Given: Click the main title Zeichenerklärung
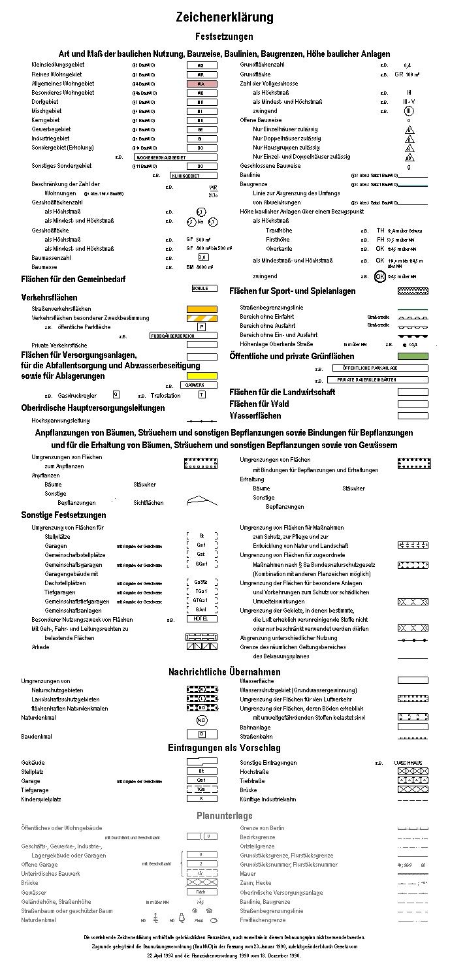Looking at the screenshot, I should (x=224, y=17).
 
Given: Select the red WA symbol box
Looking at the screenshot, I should (x=201, y=84).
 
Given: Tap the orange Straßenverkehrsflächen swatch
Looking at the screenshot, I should (x=202, y=309).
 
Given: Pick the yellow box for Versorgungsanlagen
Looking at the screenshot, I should (x=202, y=376).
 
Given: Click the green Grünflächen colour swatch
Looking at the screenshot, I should (x=413, y=357).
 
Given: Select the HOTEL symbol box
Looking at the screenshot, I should (x=201, y=619).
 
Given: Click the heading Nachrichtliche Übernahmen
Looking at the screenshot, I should (x=224, y=672).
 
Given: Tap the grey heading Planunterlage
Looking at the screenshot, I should (x=224, y=816).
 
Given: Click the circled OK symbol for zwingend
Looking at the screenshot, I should (x=380, y=276).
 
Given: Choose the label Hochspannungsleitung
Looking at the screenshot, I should (x=61, y=421).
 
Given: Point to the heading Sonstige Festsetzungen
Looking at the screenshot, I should (x=63, y=515).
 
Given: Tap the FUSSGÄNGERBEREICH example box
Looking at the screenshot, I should (x=172, y=336).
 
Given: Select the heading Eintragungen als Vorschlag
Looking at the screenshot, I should (x=224, y=748).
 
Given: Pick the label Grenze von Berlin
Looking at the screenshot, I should (x=262, y=828).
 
